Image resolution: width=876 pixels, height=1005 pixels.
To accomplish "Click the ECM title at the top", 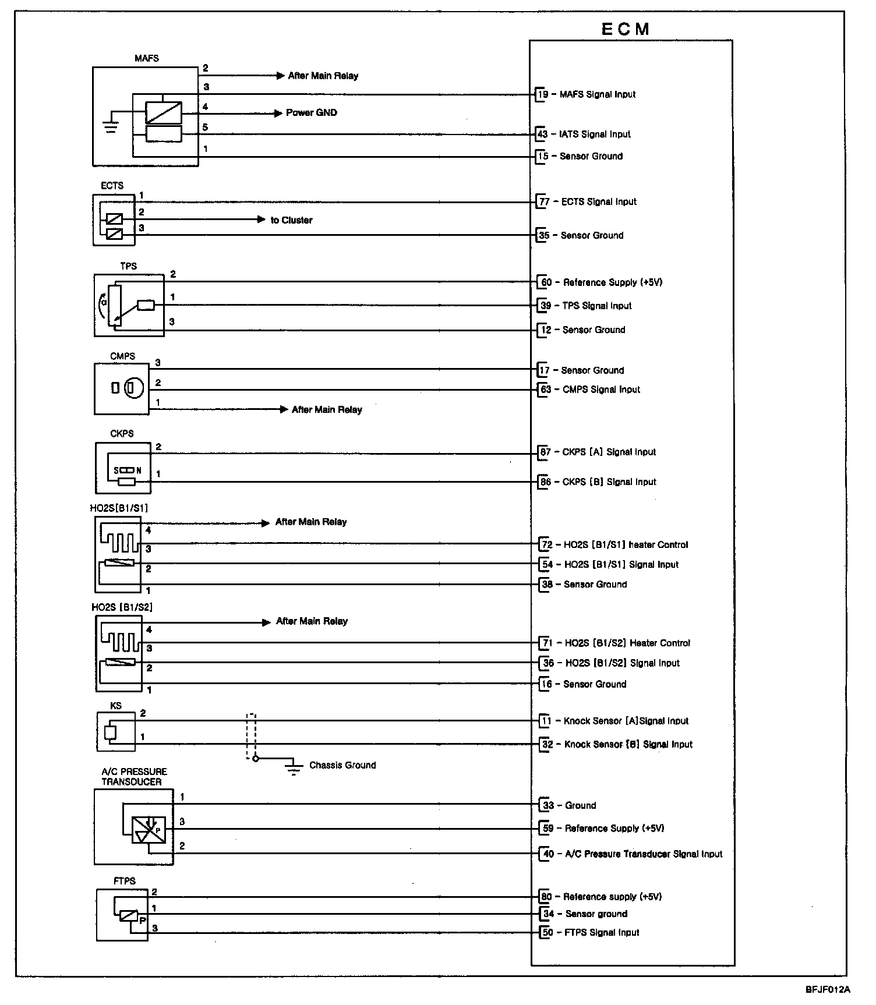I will (625, 29).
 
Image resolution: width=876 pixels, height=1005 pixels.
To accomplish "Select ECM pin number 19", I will (542, 94).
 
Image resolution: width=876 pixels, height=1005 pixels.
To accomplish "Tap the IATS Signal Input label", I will (595, 135).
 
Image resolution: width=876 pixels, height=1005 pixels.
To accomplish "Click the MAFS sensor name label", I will (146, 58).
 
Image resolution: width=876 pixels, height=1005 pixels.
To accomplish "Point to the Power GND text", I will (311, 113).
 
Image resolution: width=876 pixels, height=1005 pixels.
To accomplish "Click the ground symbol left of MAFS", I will (110, 126).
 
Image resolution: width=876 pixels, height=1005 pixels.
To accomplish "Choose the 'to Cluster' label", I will (291, 220).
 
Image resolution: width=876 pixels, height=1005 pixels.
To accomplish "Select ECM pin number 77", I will (544, 202).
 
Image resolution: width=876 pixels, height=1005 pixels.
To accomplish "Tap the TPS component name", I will (128, 266).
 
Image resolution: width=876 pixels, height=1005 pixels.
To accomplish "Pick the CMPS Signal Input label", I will (601, 390).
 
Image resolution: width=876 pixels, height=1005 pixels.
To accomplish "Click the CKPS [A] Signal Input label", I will (609, 452).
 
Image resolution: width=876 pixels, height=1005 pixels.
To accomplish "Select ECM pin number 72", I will (547, 545).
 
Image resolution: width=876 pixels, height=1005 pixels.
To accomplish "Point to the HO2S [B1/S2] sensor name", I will (122, 607).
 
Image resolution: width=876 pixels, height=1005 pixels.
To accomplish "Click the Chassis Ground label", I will (342, 765).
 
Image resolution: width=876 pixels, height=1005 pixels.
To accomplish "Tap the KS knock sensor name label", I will (116, 706).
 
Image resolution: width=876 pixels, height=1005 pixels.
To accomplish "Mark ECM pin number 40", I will (548, 854).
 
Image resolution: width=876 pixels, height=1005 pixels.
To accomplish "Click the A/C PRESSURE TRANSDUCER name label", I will (133, 777).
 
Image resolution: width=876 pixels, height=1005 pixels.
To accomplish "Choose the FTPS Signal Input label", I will (602, 932).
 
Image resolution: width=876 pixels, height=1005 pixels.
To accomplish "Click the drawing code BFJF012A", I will (828, 989).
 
